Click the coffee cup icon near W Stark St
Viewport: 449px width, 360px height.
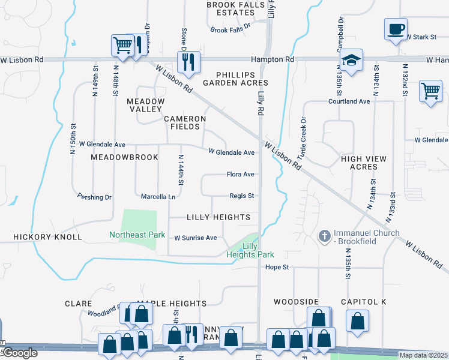[x=396, y=29]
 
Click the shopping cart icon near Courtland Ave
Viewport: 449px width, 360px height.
[x=430, y=91]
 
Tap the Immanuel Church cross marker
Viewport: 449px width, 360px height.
[x=325, y=236]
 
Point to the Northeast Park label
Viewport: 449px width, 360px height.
[x=137, y=235]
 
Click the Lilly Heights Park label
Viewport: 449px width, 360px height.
[x=250, y=251]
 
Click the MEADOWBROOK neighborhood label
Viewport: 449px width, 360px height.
[x=124, y=157]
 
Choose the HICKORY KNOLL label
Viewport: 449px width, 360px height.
[x=47, y=237]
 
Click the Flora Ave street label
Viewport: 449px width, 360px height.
[x=240, y=175]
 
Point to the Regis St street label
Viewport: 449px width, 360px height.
[x=242, y=196]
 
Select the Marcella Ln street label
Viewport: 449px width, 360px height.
[x=158, y=197]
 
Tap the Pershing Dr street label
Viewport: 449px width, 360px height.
[x=95, y=197]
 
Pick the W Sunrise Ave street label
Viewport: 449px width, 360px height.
[x=195, y=238]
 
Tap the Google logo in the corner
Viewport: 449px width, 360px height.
[x=20, y=353]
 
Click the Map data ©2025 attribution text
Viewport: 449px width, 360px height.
[x=423, y=355]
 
